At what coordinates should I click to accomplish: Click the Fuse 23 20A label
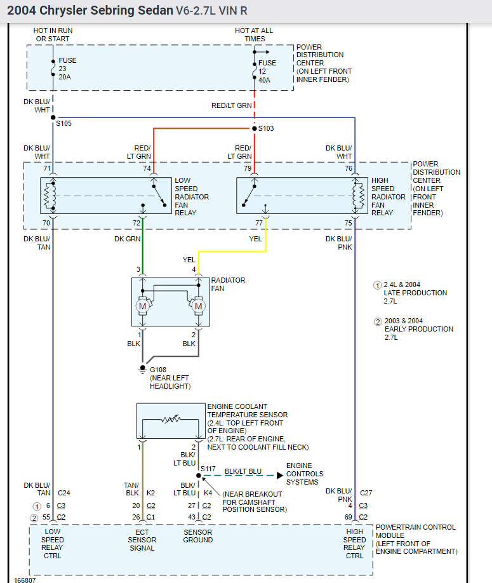tap(67, 68)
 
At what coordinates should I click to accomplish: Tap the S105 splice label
tap(63, 123)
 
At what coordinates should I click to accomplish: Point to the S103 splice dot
tap(255, 128)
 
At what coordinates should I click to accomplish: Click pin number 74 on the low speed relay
tap(147, 168)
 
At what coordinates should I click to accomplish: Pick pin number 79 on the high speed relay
tap(248, 168)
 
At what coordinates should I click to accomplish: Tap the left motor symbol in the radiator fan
tap(142, 306)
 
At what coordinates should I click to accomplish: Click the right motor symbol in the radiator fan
tap(199, 306)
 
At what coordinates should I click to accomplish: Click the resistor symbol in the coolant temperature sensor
tap(171, 420)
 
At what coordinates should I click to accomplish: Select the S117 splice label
tap(208, 469)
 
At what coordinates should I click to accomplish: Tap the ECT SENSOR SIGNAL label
tap(142, 540)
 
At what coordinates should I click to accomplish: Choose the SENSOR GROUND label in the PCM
tap(198, 536)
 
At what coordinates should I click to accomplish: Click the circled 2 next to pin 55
tap(36, 518)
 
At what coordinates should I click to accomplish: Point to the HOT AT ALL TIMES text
tap(255, 34)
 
